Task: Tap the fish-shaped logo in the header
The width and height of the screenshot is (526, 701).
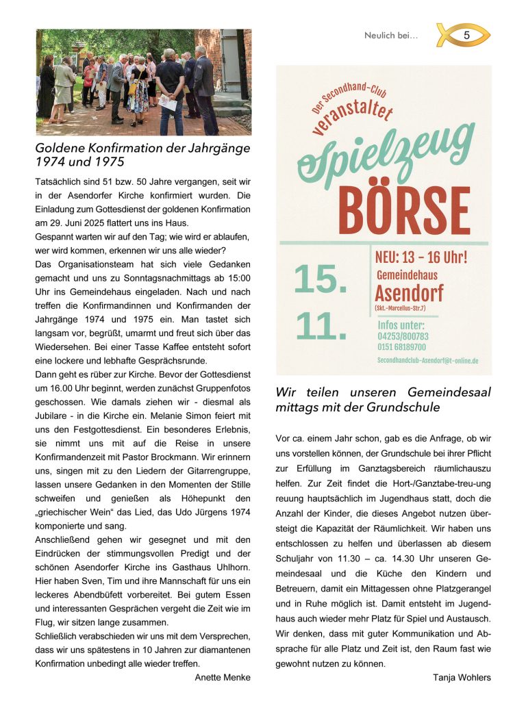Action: pyautogui.click(x=463, y=35)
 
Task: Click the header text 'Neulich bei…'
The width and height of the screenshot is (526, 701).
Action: pyautogui.click(x=391, y=36)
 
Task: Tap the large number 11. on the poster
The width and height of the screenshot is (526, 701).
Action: pyautogui.click(x=321, y=326)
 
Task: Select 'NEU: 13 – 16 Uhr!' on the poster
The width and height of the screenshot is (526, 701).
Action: pyautogui.click(x=421, y=258)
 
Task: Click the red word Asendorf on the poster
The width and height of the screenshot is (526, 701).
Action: pyautogui.click(x=409, y=294)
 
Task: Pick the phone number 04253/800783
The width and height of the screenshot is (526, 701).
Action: pyautogui.click(x=403, y=336)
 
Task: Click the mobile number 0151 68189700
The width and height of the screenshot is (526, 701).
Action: pyautogui.click(x=401, y=347)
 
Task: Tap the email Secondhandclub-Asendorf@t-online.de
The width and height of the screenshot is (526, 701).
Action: pyautogui.click(x=427, y=360)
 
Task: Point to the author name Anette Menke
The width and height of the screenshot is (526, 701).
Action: pyautogui.click(x=223, y=677)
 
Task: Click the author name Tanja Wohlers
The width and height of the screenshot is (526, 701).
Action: pyautogui.click(x=462, y=678)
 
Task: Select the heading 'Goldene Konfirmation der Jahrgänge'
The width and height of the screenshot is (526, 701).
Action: pyautogui.click(x=142, y=148)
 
